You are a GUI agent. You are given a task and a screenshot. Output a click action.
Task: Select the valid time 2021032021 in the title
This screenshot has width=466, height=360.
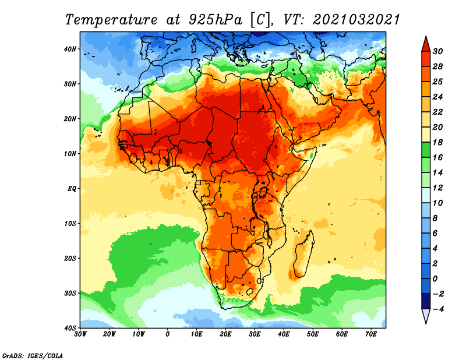click(x=356, y=20)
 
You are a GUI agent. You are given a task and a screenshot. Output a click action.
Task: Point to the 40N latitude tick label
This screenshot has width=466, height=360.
click(x=70, y=49)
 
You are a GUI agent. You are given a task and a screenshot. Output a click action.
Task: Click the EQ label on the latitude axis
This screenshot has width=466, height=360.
click(x=72, y=189)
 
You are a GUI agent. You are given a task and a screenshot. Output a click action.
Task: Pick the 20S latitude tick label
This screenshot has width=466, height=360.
click(x=70, y=258)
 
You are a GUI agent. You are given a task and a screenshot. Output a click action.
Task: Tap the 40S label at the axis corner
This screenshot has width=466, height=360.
click(x=70, y=328)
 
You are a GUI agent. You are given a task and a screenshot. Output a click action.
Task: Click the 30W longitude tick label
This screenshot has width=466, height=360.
click(x=80, y=334)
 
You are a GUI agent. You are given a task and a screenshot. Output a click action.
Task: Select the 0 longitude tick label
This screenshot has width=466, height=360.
click(x=167, y=334)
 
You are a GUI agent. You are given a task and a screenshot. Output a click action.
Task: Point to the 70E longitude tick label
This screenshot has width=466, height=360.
click(x=370, y=334)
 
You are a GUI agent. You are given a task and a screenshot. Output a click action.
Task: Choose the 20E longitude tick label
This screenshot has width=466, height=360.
click(x=225, y=334)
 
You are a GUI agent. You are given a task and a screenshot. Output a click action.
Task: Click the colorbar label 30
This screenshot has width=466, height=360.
click(x=437, y=51)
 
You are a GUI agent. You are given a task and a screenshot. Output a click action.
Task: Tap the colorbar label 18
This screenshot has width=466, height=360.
click(x=437, y=142)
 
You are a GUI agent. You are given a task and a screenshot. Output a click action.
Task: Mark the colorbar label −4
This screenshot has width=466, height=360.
click(x=439, y=309)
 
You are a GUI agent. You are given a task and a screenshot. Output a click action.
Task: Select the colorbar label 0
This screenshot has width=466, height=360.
click(x=435, y=279)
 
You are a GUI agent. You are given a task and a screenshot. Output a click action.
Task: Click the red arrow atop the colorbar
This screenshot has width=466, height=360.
click(x=426, y=44)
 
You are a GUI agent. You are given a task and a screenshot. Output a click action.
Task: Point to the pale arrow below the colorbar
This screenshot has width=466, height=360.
click(x=426, y=316)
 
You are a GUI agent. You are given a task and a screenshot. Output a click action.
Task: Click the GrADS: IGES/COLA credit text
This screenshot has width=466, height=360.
click(x=33, y=355)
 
